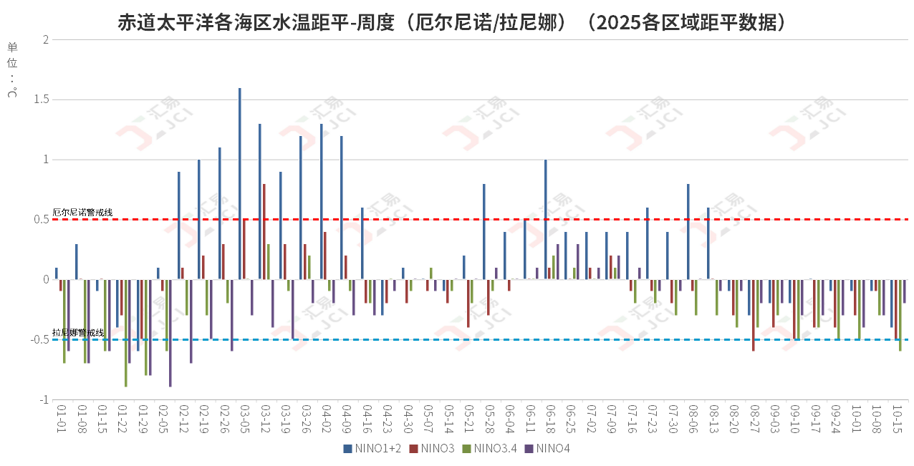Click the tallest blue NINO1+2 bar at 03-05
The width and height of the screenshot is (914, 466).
[240, 184]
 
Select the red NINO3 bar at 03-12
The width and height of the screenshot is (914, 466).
[264, 232]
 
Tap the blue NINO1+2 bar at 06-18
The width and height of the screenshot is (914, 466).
[546, 220]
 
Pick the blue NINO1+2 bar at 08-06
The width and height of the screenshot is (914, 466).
[688, 232]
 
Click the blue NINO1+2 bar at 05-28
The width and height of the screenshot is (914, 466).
[484, 232]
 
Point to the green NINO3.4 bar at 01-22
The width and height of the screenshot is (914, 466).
[126, 333]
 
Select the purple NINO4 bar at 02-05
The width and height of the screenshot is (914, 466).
[170, 333]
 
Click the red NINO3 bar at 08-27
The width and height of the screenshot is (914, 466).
[754, 315]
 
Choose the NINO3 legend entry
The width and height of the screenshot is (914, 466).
[433, 449]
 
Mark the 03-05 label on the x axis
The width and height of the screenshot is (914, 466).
[245, 419]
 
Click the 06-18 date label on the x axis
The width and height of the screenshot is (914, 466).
[550, 419]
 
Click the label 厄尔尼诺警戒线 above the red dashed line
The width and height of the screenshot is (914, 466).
[82, 213]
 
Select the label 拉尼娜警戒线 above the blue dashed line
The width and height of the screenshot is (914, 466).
[78, 333]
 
